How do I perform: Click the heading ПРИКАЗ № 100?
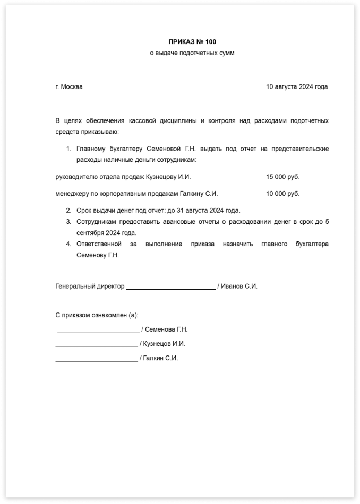click(x=192, y=42)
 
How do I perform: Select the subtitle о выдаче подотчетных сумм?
click(x=192, y=53)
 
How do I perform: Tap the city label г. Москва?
click(x=69, y=86)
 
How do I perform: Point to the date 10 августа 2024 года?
click(x=297, y=86)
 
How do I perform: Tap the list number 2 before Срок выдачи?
click(x=68, y=211)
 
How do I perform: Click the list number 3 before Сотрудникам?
click(x=68, y=222)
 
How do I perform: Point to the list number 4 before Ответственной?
click(x=68, y=244)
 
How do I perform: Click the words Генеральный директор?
click(x=90, y=286)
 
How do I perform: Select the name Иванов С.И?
click(x=239, y=286)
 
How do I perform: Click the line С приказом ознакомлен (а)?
click(x=97, y=315)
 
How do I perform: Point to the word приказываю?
click(x=100, y=131)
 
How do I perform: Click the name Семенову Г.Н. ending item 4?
click(x=98, y=255)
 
